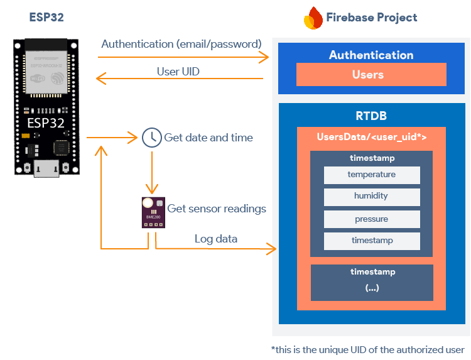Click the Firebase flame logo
tap(313, 18)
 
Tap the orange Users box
tap(371, 75)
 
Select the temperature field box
tap(372, 175)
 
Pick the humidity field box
tap(372, 197)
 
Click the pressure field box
tap(372, 219)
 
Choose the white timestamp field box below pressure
tap(372, 241)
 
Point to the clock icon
tap(151, 137)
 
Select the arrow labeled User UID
tap(179, 79)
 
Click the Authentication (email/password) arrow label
tap(181, 44)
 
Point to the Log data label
tap(216, 239)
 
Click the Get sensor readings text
tap(216, 209)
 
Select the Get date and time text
tap(208, 138)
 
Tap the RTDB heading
tap(371, 116)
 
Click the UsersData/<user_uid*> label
tap(372, 137)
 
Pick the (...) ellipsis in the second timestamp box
tap(372, 288)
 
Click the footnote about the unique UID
tap(367, 349)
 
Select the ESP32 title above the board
tap(46, 17)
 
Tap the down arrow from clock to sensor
tap(151, 173)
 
